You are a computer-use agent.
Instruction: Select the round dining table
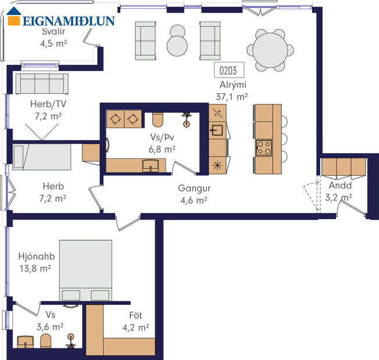[x=270, y=49]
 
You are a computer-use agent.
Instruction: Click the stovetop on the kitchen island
[x=264, y=147]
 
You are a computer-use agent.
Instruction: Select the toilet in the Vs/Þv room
[x=157, y=119]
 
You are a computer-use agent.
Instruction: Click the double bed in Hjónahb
[x=85, y=270]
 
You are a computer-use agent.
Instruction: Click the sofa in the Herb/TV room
[x=42, y=84]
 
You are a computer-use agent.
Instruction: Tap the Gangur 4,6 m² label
[x=194, y=194]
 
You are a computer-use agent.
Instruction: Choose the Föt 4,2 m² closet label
[x=135, y=321]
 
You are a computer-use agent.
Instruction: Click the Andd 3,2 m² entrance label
[x=339, y=192]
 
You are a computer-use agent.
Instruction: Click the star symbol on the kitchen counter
[x=217, y=164]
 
